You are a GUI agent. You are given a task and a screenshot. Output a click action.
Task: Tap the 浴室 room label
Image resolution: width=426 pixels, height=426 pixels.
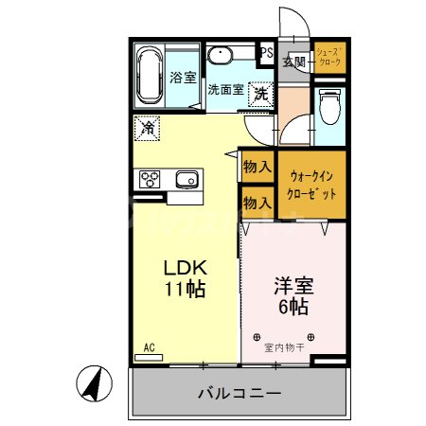183,79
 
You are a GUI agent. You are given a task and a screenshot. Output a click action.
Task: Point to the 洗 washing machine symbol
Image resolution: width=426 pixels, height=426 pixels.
259,93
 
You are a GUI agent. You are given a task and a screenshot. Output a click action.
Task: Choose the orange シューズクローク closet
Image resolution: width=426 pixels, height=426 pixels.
330,59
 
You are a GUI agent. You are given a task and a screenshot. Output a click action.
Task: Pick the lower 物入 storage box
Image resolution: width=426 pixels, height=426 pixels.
257,201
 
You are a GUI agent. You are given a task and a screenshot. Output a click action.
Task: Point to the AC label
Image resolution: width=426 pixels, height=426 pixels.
149,347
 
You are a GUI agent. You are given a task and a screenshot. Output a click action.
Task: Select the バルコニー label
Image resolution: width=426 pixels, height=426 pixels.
239,393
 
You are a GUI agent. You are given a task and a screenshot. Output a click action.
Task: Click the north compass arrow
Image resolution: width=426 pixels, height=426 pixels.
94,383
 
